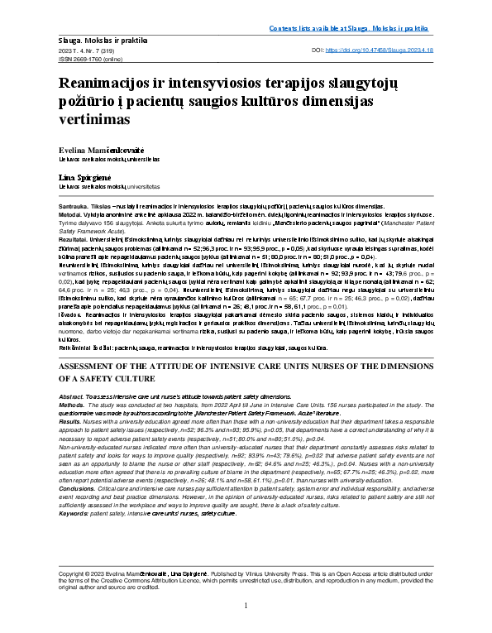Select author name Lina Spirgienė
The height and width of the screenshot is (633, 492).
tap(84, 178)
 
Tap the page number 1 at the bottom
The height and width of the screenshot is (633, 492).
tap(246, 607)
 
